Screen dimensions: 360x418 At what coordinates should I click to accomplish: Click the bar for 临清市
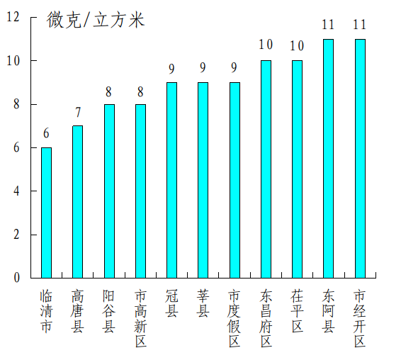[46, 213]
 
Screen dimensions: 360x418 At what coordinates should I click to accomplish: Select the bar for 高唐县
[77, 202]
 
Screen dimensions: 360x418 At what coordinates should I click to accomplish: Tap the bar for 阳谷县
[109, 191]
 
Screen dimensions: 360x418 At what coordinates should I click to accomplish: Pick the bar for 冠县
[171, 180]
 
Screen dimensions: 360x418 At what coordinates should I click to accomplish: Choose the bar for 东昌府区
[266, 169]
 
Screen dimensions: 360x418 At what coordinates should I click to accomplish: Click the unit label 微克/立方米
[96, 20]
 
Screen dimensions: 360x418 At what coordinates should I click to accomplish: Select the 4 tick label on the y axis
[16, 191]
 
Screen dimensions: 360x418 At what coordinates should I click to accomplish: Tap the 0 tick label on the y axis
[16, 278]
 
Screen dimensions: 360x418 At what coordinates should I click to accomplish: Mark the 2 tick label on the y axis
[16, 235]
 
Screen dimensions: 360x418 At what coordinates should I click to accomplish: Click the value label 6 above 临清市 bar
[46, 134]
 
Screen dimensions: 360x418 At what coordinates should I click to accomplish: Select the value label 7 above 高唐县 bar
[77, 112]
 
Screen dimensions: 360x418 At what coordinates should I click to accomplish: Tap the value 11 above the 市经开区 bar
[360, 25]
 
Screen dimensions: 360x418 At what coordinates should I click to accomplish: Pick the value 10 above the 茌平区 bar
[297, 46]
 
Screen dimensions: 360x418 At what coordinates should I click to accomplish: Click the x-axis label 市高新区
[140, 317]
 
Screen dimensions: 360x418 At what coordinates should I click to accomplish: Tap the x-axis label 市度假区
[235, 317]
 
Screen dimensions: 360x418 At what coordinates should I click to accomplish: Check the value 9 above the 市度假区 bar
[235, 68]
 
